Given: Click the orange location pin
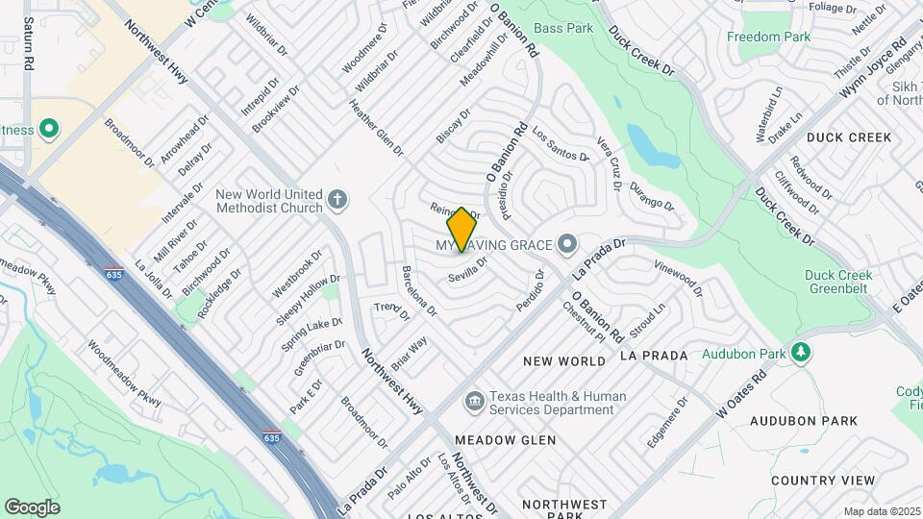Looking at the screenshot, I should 461,229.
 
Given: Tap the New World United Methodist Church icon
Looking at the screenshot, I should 337,200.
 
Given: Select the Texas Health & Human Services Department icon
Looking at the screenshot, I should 473,400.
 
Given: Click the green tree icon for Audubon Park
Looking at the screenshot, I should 800,354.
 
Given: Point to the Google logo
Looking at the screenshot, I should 32,507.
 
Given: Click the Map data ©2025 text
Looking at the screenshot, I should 882,511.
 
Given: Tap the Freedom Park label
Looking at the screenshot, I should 768,37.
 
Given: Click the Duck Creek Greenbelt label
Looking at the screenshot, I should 838,282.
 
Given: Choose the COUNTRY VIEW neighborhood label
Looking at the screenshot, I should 823,481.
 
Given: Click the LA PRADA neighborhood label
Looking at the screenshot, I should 654,356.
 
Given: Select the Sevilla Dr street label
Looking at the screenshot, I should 468,267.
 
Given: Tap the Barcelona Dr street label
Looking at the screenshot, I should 419,291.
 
